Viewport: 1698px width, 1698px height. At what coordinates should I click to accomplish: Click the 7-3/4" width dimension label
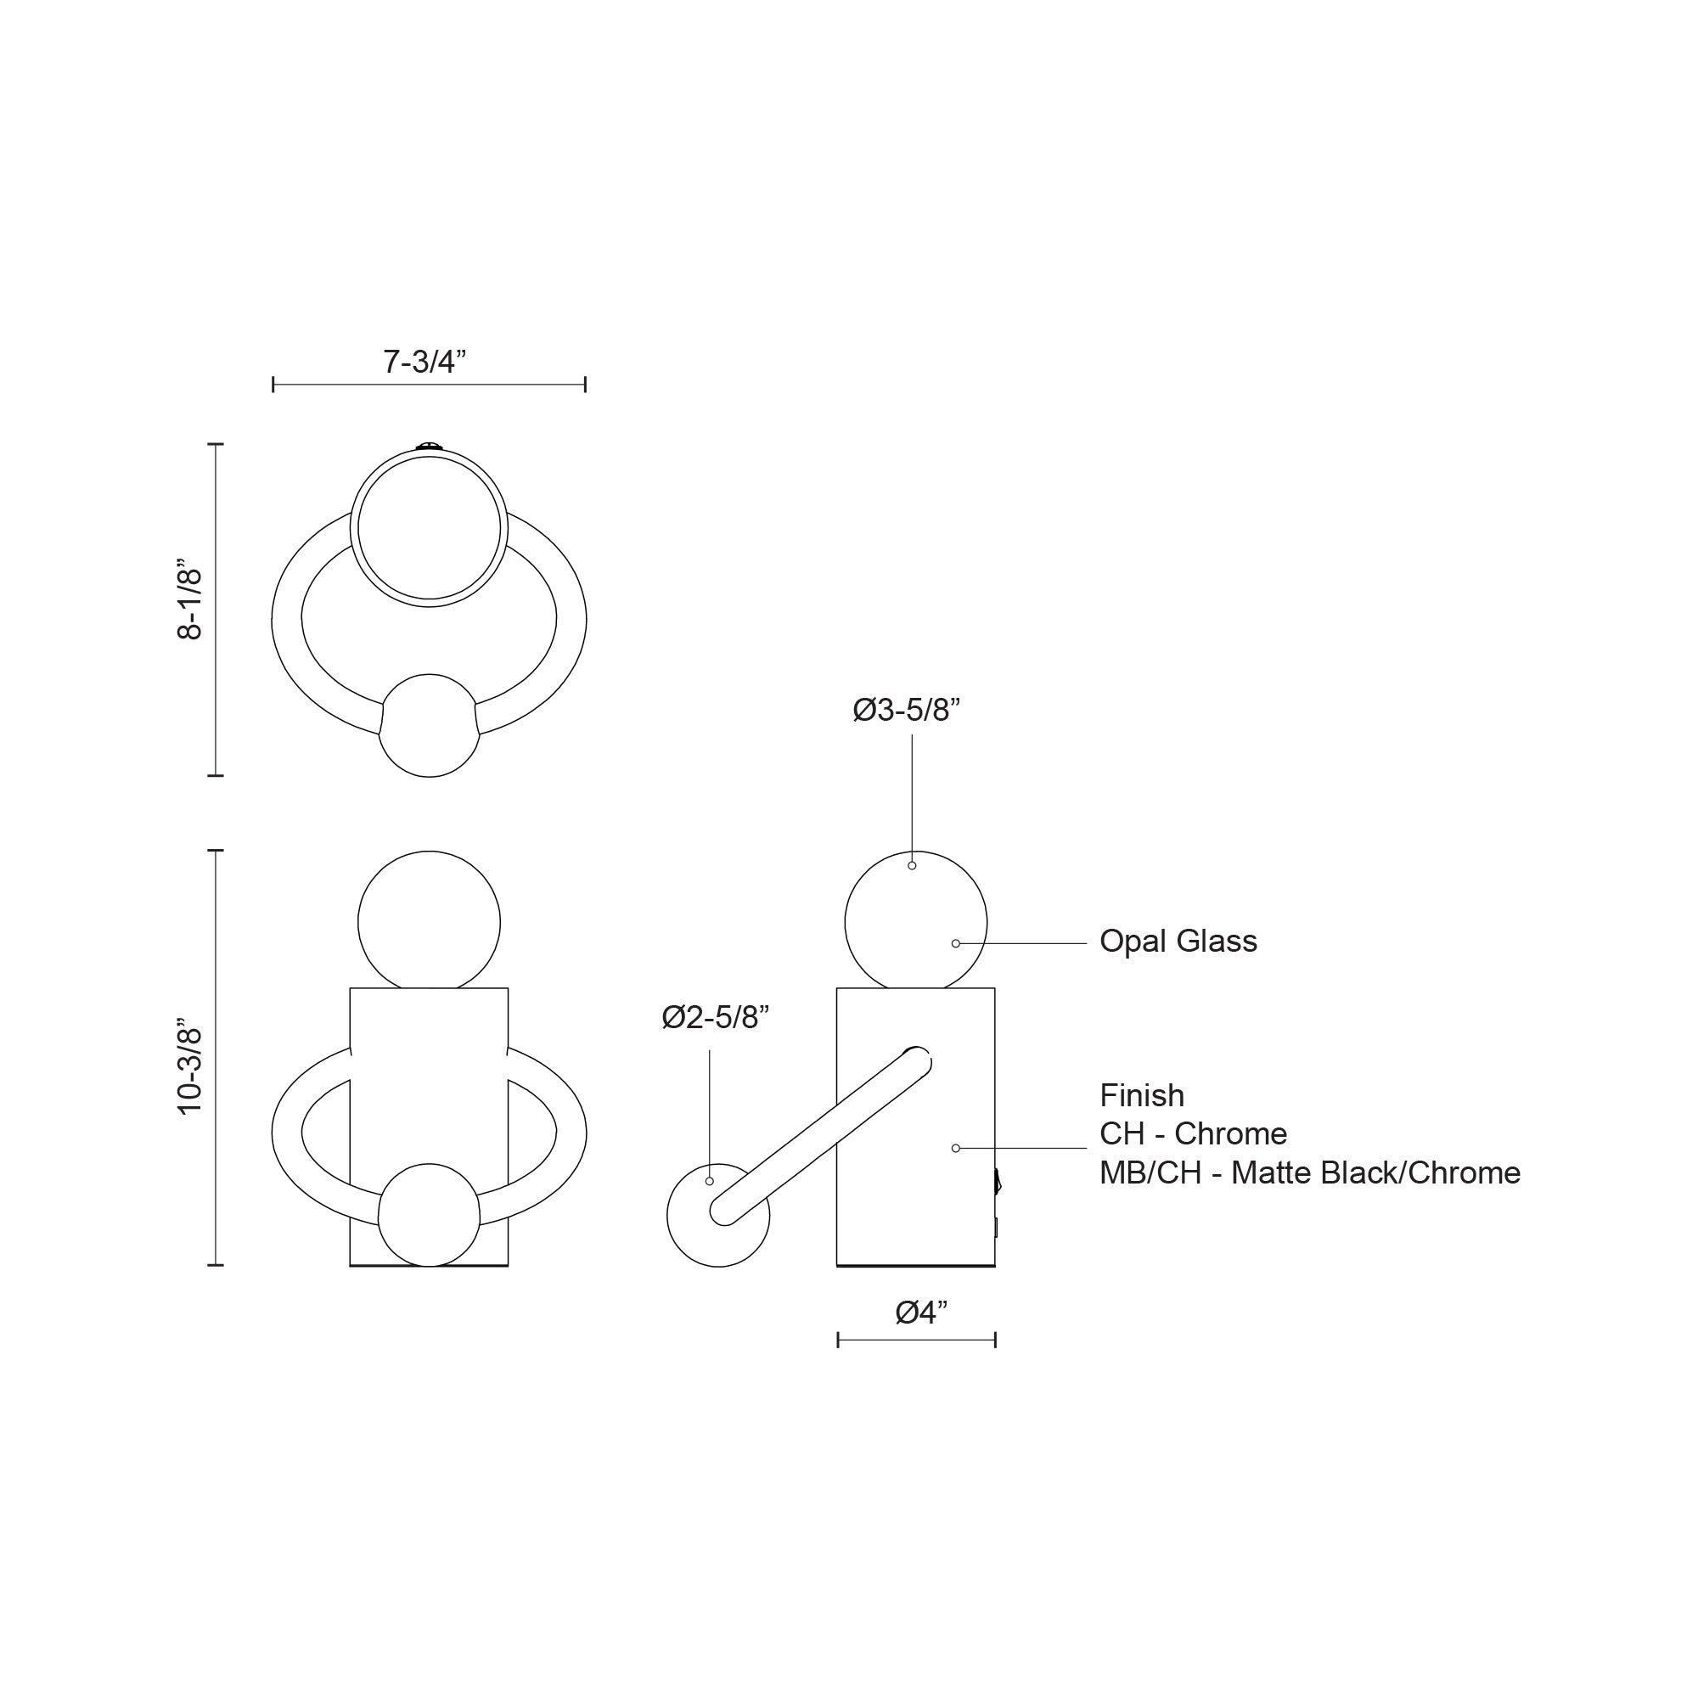click(424, 361)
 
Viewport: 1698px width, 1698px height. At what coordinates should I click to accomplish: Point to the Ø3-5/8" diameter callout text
click(906, 709)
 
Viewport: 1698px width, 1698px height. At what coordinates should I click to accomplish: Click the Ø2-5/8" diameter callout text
click(716, 1017)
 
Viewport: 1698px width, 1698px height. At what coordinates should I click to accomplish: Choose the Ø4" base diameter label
click(921, 1313)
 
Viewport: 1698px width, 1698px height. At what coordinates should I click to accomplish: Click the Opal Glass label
click(1178, 942)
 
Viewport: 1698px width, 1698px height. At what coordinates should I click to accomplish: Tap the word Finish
click(1142, 1095)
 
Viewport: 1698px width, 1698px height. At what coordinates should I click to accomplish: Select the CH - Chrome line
click(1193, 1133)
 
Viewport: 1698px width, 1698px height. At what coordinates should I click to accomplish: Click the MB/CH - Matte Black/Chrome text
click(1308, 1172)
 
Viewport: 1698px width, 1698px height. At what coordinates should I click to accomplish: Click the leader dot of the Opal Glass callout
click(955, 943)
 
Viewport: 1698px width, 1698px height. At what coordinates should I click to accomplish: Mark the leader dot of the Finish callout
click(955, 1148)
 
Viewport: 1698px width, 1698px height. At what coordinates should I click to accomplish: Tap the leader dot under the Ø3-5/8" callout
click(913, 866)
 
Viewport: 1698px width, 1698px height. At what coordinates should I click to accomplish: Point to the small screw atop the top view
click(429, 447)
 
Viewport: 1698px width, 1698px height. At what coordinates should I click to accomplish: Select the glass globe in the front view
click(429, 921)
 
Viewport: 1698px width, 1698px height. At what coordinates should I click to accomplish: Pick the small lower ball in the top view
click(429, 725)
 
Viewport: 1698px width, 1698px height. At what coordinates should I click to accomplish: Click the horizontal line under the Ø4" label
click(916, 1340)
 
